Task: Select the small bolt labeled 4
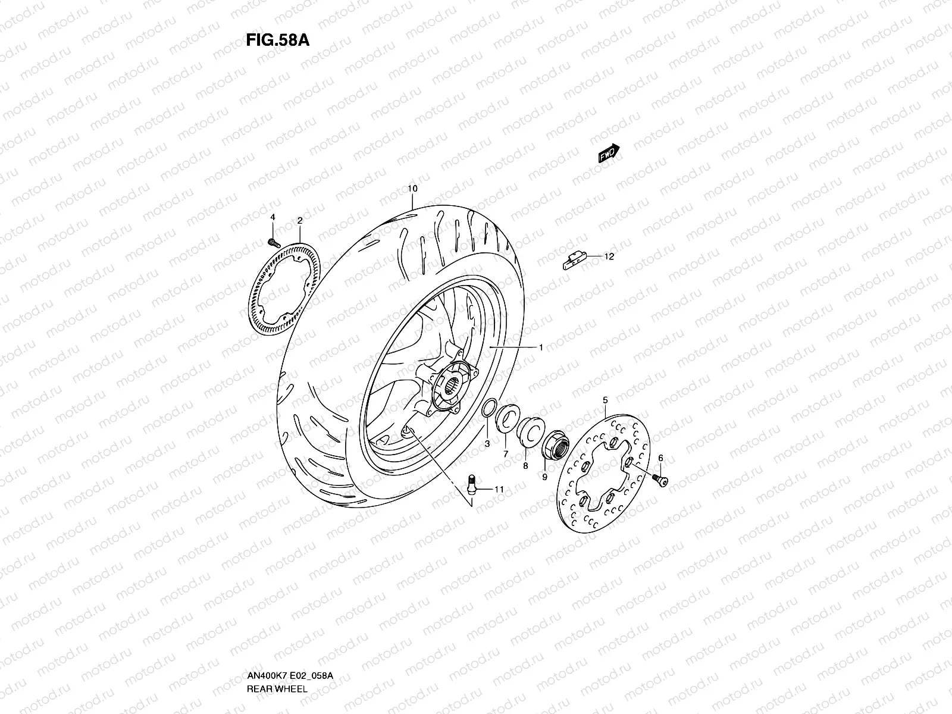274,242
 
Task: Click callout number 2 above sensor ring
300,221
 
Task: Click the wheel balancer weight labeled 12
574,260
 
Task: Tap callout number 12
609,257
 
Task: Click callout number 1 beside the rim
541,347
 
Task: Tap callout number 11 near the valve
499,489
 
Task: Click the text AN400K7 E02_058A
290,677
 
